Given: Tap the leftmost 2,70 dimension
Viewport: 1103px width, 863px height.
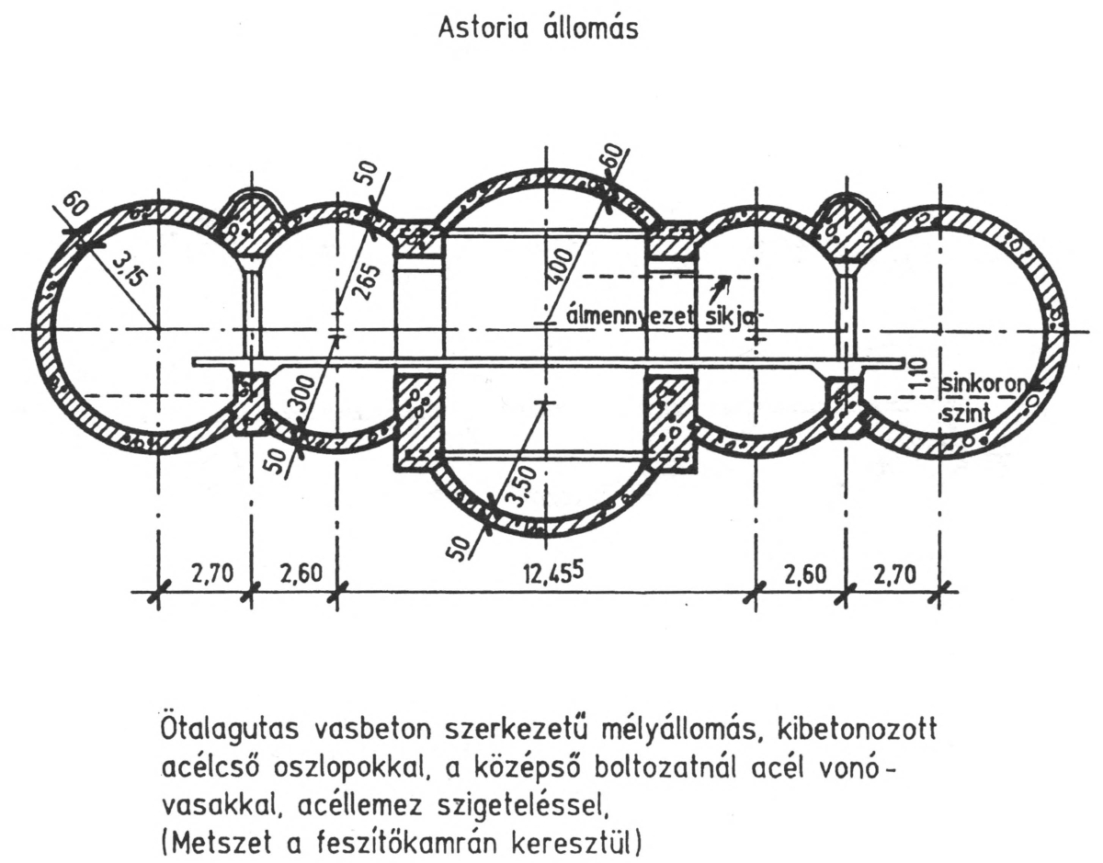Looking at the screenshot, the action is point(212,574).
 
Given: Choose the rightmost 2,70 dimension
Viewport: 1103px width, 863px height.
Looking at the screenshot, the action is point(895,574).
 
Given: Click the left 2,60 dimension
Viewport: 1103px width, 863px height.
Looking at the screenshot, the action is point(301,574).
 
